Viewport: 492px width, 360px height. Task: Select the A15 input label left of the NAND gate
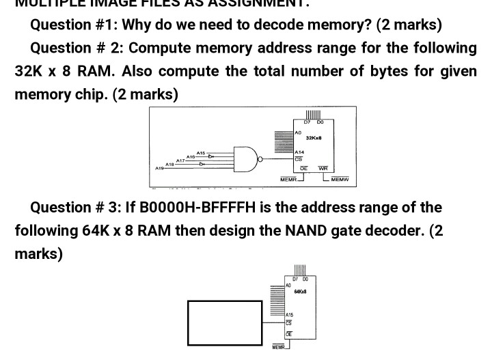pyautogui.click(x=200, y=152)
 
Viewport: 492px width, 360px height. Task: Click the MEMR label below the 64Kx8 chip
pyautogui.click(x=278, y=348)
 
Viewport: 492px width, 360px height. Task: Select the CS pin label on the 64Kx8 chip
pyautogui.click(x=288, y=322)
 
